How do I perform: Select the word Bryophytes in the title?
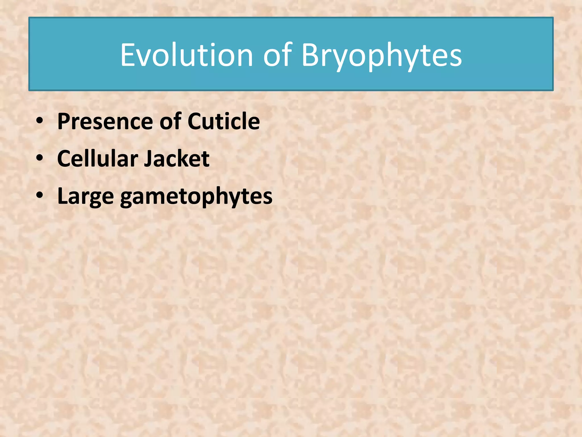(382, 56)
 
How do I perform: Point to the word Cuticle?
(224, 121)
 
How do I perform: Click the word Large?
(86, 196)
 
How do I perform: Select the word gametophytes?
(196, 197)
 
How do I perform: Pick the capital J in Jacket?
(147, 159)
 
